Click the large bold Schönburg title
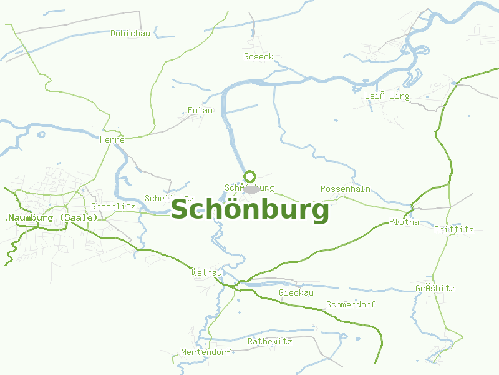tap(249, 211)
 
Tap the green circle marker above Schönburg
tap(250, 176)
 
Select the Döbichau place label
tap(130, 34)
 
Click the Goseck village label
tap(258, 57)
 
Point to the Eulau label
tap(200, 111)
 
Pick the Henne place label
tap(112, 140)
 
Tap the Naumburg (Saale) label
tap(52, 217)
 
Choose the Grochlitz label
tap(114, 206)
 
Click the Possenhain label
tap(346, 189)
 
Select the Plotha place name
tap(404, 222)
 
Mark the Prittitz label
tap(454, 230)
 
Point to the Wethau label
tap(207, 273)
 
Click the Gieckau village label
tap(296, 293)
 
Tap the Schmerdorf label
tap(351, 305)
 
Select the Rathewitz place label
tap(270, 342)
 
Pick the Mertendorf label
tap(206, 352)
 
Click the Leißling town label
tap(387, 96)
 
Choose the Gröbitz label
tap(435, 289)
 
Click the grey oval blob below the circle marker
tap(252, 189)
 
